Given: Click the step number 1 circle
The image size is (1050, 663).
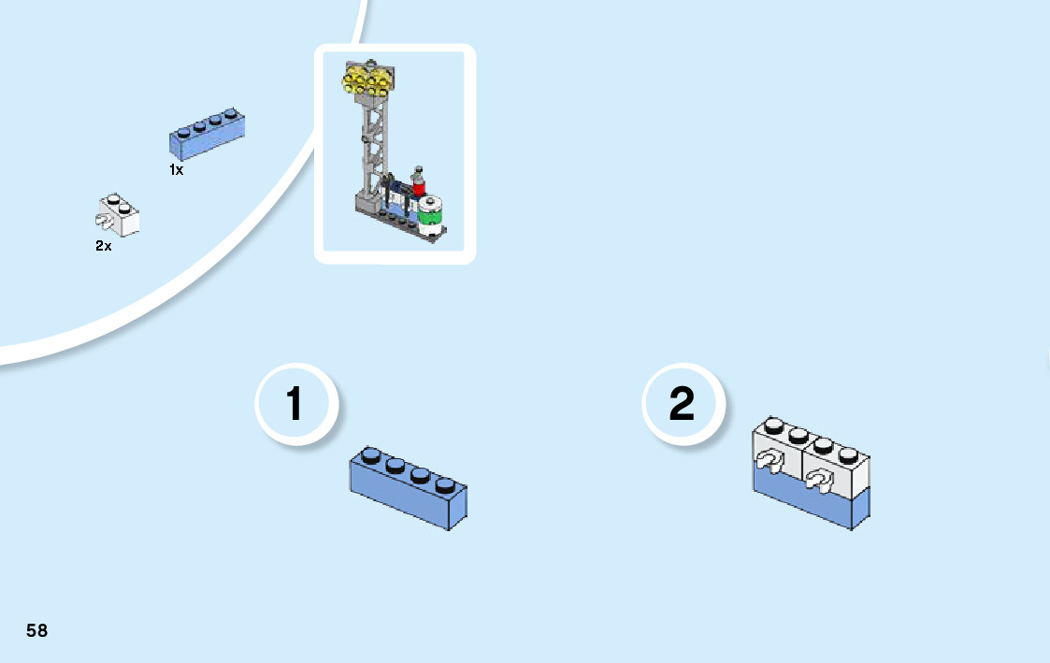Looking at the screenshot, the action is point(295,405).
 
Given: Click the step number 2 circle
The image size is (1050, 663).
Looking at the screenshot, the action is point(683,405).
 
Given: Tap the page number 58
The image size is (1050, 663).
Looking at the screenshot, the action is point(36,630).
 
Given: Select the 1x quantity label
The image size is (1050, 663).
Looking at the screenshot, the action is point(176,170).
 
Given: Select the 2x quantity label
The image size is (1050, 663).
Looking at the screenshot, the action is point(103,247).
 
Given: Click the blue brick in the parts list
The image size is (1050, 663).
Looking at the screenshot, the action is point(207,134).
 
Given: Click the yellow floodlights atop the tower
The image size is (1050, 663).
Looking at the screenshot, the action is point(367,81).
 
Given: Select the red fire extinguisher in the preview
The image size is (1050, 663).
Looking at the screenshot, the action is point(419,183).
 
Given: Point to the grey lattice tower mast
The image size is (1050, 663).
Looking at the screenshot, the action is point(374,140).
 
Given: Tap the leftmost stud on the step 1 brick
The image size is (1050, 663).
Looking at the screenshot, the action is point(371,456).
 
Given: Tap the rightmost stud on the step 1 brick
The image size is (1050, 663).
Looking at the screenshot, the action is point(445,484).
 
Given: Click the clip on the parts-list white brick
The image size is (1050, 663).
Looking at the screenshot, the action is point(103,221).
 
